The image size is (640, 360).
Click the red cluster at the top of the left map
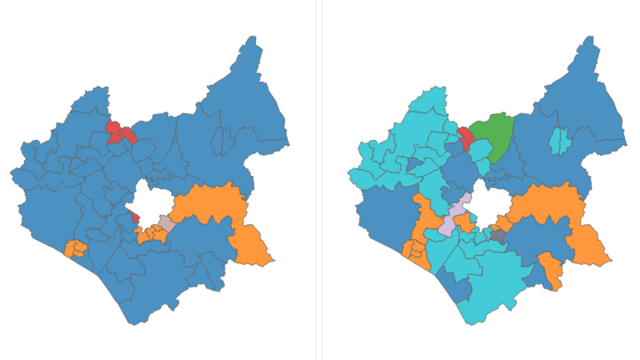coord(119,132)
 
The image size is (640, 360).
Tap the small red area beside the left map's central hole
coord(134,216)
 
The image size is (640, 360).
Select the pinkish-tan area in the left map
coord(166,222)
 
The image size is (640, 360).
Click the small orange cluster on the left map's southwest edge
coord(75,249)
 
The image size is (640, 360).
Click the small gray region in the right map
coord(498,236)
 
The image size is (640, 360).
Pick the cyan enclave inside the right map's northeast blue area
coord(559,141)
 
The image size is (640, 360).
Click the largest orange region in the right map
coord(552,206)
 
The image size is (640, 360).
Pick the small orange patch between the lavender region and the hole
coord(465,222)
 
